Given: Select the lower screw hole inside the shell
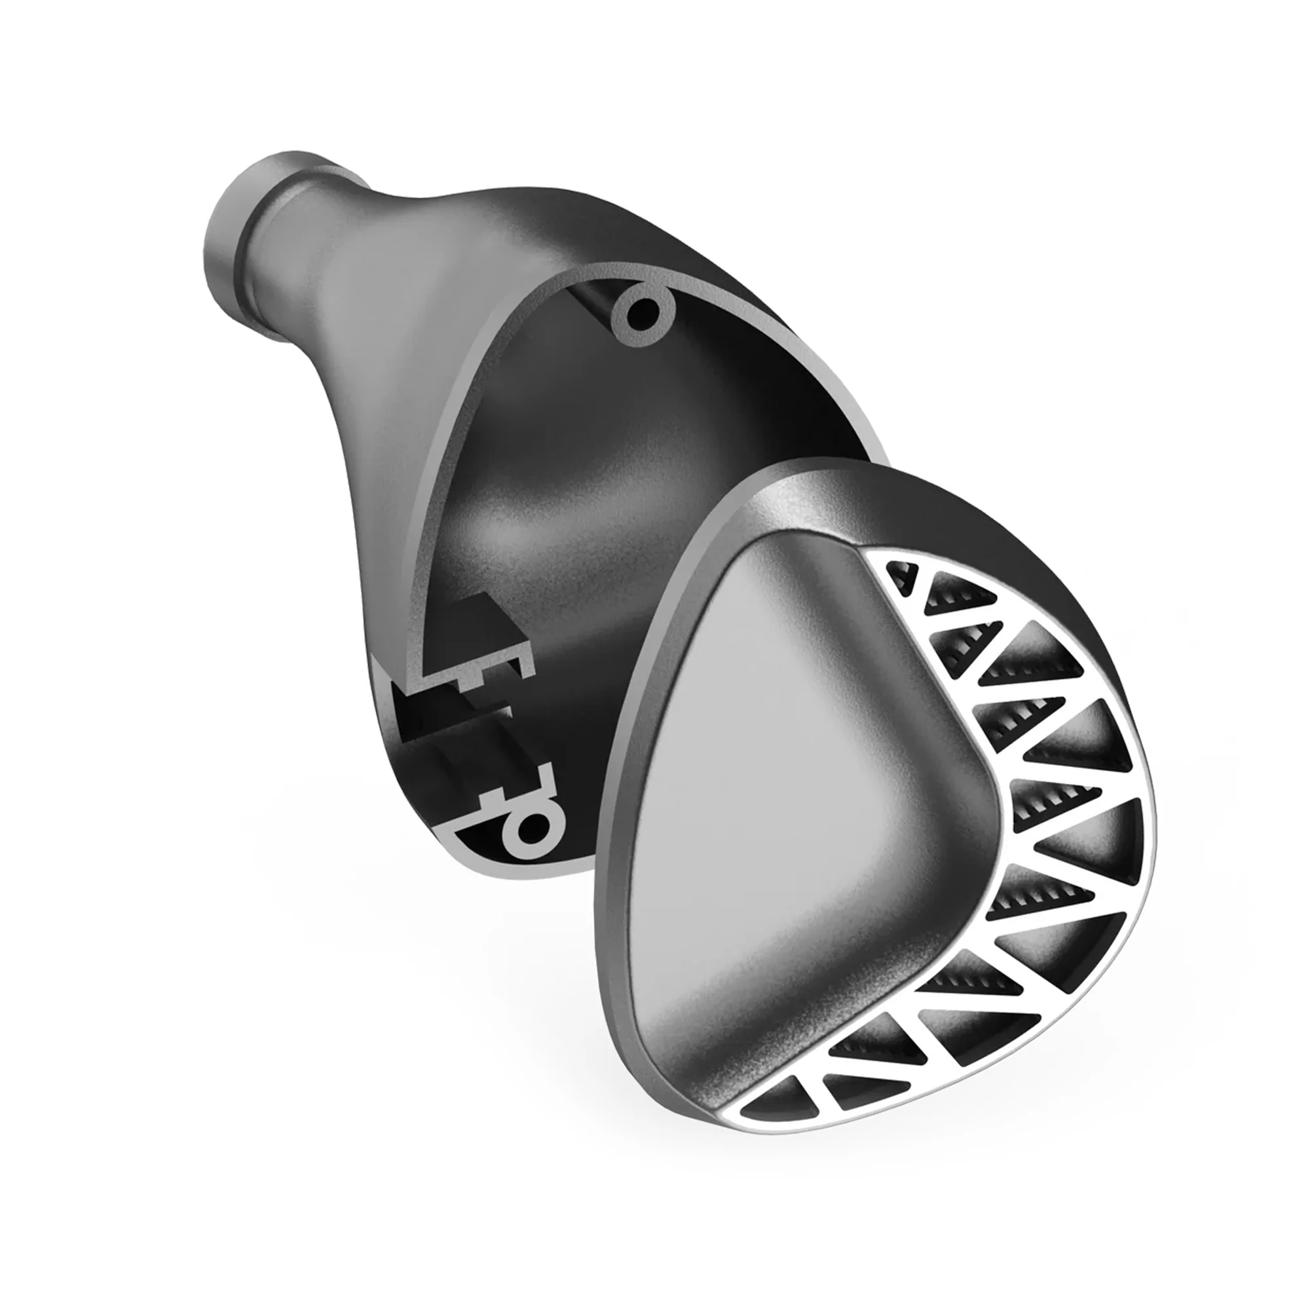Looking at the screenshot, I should tap(533, 825).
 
